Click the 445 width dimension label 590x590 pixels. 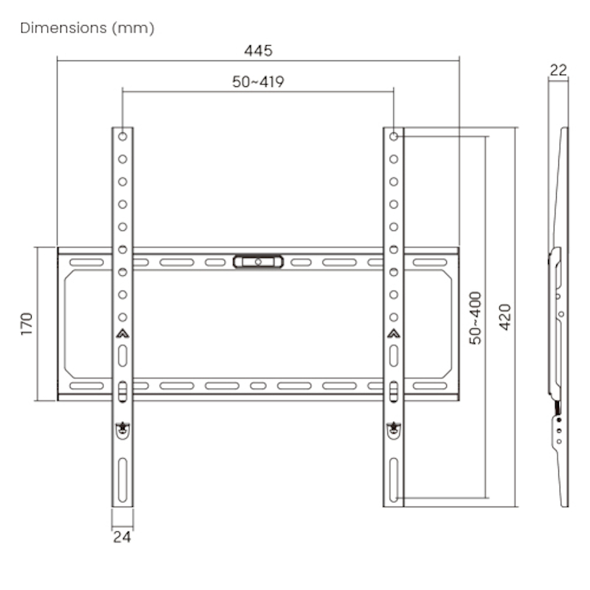258,51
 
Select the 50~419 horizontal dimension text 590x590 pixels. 258,82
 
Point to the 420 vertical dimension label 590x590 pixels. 505,317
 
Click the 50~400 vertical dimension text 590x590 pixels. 476,317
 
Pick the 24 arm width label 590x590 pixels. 122,537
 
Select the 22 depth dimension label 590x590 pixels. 558,70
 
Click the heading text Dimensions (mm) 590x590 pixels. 87,28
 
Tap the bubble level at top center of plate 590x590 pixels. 257,261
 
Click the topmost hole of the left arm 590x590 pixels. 122,136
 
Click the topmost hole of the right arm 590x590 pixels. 394,136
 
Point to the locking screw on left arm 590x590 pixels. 122,427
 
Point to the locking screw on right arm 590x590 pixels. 394,427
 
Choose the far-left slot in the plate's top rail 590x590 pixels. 87,262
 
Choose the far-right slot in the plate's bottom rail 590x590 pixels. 430,386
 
